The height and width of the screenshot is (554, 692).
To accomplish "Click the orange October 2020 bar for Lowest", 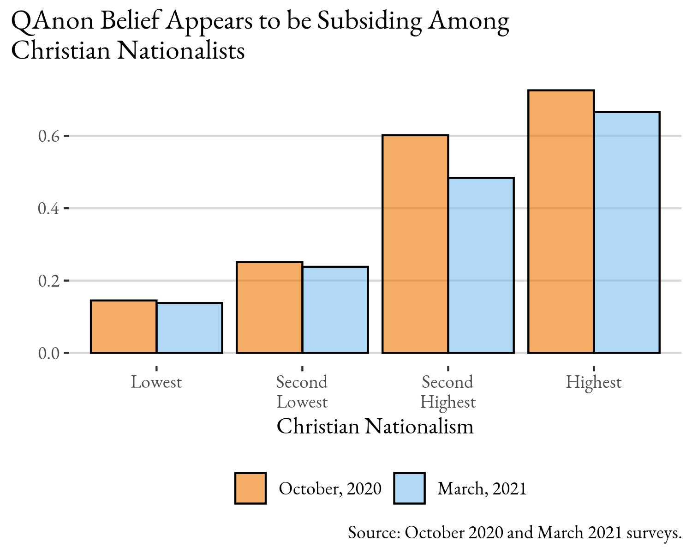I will [x=124, y=327].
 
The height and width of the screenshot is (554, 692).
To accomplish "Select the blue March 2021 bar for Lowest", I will [x=190, y=328].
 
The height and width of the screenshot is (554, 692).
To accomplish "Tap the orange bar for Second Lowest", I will [x=269, y=307].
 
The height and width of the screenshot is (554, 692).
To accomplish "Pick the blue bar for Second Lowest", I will [x=335, y=310].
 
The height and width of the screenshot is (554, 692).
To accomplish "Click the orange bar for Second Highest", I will [x=415, y=244].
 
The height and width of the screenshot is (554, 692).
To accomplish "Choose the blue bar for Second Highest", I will [x=481, y=265].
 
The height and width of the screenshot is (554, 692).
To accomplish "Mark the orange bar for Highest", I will [x=561, y=222].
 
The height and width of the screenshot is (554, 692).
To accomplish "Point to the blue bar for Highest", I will [x=626, y=233].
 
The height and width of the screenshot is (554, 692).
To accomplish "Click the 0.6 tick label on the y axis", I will [x=49, y=136].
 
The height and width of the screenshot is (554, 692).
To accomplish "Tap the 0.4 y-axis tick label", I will [x=49, y=209].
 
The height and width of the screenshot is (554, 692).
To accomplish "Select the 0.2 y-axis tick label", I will [x=49, y=281].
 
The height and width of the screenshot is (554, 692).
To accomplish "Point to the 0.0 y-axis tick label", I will [x=49, y=353].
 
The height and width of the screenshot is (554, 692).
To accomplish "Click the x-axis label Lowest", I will [x=156, y=382].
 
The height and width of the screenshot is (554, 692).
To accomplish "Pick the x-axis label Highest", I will [x=594, y=383].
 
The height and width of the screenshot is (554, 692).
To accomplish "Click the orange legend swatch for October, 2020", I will [x=251, y=488].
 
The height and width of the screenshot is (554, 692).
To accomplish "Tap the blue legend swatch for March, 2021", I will [x=409, y=488].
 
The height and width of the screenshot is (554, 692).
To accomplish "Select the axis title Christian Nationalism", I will [x=375, y=426].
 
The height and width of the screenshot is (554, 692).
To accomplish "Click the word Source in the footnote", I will [x=374, y=533].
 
